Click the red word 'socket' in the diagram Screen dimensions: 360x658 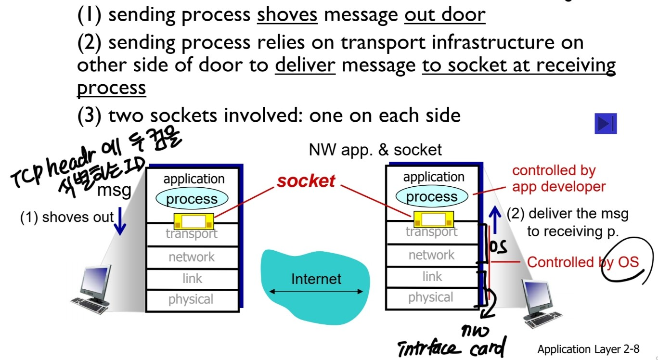pyautogui.click(x=306, y=181)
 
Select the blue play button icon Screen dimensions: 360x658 pyautogui.click(x=605, y=124)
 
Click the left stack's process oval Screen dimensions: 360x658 pyautogui.click(x=192, y=199)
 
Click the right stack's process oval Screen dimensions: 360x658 pyautogui.click(x=431, y=196)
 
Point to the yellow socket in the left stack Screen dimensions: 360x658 pyautogui.click(x=194, y=221)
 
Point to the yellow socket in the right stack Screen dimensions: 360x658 pyautogui.click(x=433, y=219)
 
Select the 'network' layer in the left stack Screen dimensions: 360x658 pyautogui.click(x=192, y=257)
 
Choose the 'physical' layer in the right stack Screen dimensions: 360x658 pyautogui.click(x=431, y=297)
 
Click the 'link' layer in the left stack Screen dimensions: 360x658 pyautogui.click(x=192, y=278)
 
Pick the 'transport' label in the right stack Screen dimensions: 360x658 pyautogui.click(x=431, y=231)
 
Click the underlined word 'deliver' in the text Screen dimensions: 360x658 pyautogui.click(x=305, y=65)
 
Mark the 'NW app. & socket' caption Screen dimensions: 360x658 pyautogui.click(x=375, y=150)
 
